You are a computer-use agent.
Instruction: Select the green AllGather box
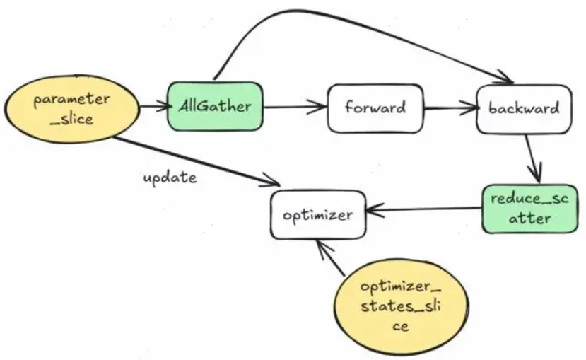[x=215, y=107]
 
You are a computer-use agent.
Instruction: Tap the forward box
[x=375, y=108]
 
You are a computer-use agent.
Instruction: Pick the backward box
[x=524, y=109]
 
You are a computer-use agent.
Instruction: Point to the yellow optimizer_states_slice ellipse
[x=402, y=306]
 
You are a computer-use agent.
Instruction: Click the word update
[x=170, y=177]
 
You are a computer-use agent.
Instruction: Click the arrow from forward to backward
[x=450, y=109]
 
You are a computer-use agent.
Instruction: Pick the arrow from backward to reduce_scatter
[x=534, y=158]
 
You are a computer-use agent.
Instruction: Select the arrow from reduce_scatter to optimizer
[x=424, y=209]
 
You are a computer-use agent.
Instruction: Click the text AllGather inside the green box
[x=215, y=107]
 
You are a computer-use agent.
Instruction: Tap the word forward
[x=375, y=108]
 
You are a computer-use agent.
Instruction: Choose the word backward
[x=524, y=109]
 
